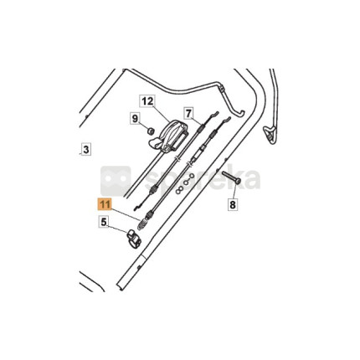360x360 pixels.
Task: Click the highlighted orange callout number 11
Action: click(x=104, y=204)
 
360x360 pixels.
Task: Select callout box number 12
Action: click(x=147, y=101)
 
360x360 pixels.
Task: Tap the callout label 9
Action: click(x=135, y=119)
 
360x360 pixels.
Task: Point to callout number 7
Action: click(x=188, y=113)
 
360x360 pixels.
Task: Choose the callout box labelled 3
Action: click(x=86, y=150)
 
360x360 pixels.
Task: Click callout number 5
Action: click(x=104, y=223)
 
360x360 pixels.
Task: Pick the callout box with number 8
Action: click(x=233, y=205)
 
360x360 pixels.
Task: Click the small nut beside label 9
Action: click(x=151, y=131)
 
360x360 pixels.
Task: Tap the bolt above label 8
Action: click(x=231, y=177)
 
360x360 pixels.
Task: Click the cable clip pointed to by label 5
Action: click(x=134, y=238)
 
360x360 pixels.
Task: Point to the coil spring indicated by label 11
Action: click(x=142, y=224)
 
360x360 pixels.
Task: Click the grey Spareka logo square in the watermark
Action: click(x=116, y=181)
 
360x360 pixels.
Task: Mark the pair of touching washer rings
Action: click(x=178, y=190)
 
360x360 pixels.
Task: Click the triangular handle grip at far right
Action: click(x=270, y=134)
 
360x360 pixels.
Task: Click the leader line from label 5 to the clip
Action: click(x=118, y=228)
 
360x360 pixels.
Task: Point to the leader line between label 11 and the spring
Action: click(x=125, y=214)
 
